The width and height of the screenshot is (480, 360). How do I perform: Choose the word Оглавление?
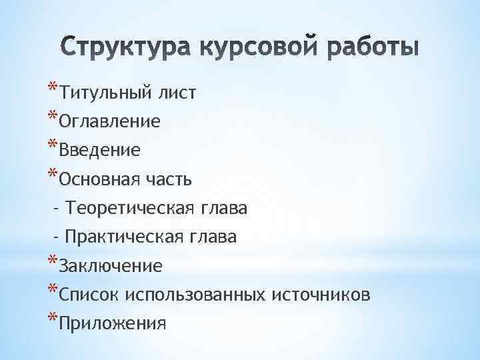pos(109,122)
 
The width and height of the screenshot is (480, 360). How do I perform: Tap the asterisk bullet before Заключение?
pos(52,261)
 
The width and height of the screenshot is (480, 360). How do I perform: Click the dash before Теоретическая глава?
pos(57,209)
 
